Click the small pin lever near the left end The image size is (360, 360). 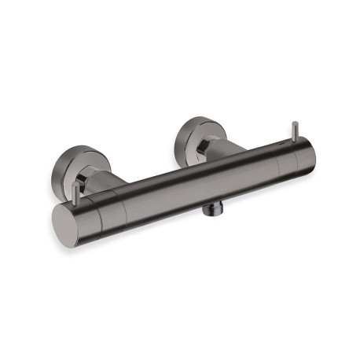coord(79,193)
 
